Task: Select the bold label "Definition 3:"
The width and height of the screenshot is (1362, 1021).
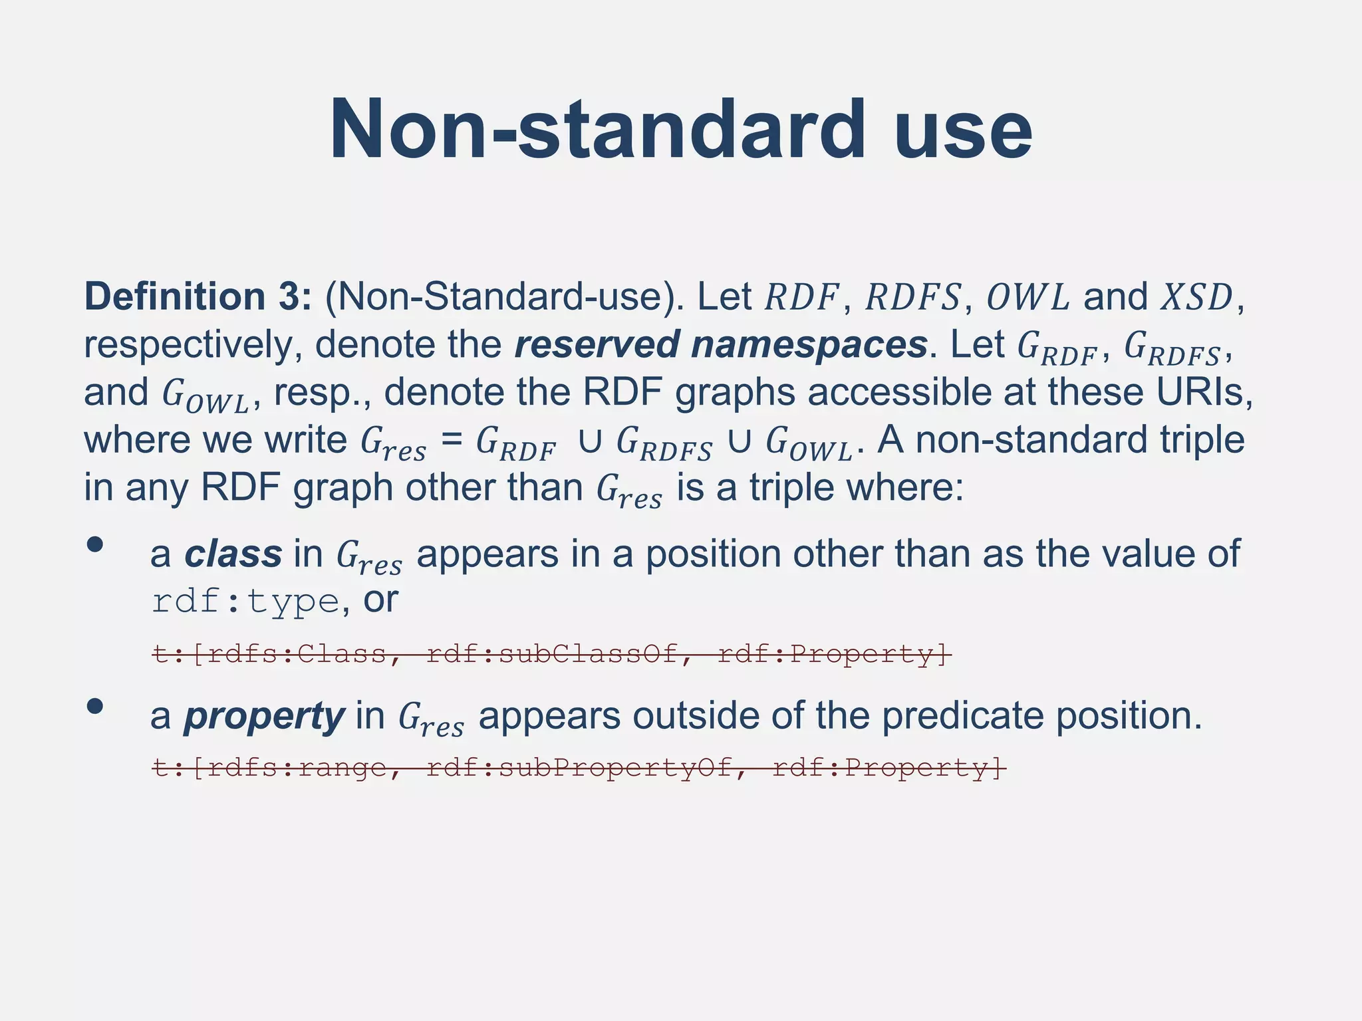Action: pos(198,296)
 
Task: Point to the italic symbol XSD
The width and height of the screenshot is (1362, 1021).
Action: pos(1196,297)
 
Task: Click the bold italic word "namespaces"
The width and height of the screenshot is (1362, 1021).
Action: pos(809,344)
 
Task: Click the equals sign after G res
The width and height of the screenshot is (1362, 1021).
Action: pos(452,440)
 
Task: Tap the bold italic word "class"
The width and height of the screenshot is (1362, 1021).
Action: pos(233,554)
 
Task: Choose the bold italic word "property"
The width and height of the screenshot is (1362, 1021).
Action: pos(264,717)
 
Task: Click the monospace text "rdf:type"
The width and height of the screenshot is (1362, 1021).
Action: pos(245,602)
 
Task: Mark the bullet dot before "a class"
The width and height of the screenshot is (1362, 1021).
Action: pos(95,545)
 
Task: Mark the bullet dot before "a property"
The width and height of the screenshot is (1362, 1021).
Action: pos(95,707)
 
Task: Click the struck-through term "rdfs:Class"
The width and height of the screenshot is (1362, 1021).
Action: pos(296,655)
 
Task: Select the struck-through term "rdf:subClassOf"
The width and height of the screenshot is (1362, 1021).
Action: pos(552,655)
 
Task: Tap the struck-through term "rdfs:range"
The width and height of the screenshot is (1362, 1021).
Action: pos(296,768)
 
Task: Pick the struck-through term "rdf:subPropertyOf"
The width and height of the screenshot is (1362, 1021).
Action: pos(579,768)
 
